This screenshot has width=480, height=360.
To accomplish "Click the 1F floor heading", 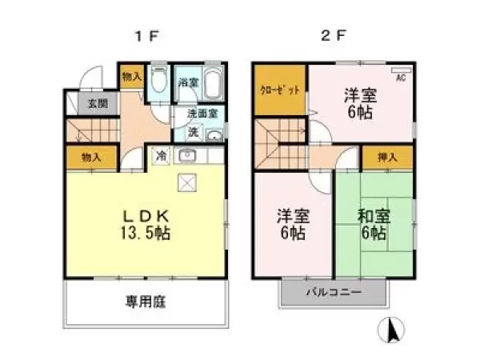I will (146, 36).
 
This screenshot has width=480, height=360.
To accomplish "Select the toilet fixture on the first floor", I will (158, 82).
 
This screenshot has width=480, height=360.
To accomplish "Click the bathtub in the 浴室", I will (214, 82).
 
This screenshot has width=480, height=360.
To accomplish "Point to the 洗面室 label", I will (202, 114).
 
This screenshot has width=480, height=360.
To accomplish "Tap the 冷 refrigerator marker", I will (161, 156).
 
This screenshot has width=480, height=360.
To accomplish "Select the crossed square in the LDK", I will (186, 184).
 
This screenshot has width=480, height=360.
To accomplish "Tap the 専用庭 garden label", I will (144, 302).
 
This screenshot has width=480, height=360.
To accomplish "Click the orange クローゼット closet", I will (280, 90).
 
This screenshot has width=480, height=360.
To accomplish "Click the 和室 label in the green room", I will (374, 215).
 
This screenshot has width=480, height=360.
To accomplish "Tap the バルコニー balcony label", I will (334, 293).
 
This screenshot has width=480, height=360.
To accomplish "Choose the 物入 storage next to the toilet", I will (131, 78).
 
